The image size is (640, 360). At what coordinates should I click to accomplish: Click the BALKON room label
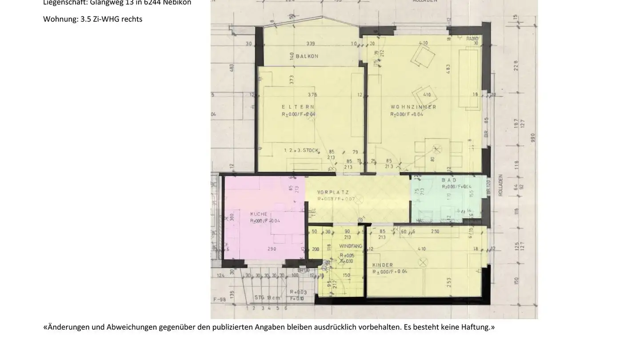coord(307,56)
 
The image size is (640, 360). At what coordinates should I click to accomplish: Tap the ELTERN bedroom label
coord(298,107)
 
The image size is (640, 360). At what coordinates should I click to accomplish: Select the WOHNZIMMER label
coord(413,107)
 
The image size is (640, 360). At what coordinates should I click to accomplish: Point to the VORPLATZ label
coord(333,192)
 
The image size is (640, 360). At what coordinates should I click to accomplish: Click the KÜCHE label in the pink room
coord(259,214)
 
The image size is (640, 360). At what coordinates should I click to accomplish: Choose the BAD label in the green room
coord(449,180)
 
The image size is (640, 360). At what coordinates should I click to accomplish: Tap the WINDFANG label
coord(351,246)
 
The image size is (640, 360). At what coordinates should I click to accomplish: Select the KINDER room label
coord(383,265)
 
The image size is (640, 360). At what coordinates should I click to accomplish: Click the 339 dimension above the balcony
coord(311,44)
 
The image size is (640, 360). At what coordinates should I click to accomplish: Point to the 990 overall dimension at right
coord(533,138)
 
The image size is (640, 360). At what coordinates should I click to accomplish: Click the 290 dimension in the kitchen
coord(272,249)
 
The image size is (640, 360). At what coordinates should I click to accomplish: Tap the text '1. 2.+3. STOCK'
coord(301,151)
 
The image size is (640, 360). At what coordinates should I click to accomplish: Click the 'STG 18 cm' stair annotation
coord(267,297)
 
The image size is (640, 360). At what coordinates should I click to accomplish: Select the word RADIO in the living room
coord(472,39)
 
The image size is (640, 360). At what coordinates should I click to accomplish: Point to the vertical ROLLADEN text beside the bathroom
coord(501,185)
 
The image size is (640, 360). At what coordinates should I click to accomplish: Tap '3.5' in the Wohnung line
coord(85,19)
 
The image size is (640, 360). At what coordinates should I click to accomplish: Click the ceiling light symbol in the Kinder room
coord(423,263)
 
